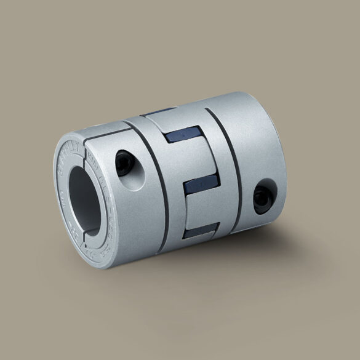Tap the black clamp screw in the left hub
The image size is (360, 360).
(123, 162)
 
